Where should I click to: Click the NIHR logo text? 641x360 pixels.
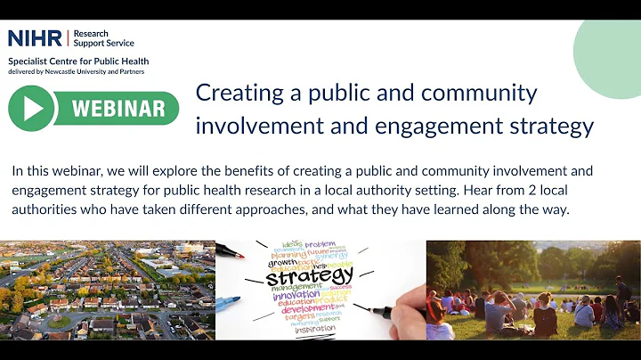35,38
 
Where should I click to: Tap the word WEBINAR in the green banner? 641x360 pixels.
118,109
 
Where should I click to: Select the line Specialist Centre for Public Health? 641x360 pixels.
78,61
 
